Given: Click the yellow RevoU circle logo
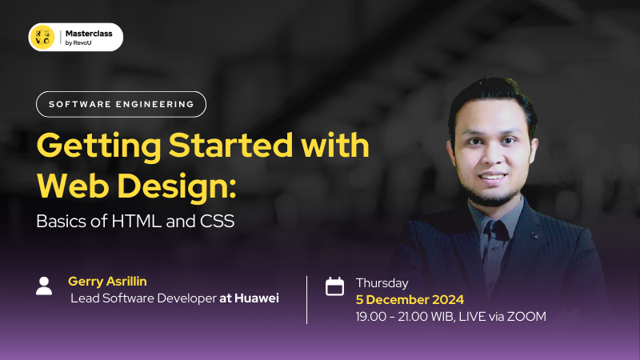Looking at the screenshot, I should tap(42, 37).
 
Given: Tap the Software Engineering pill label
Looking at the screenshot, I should tap(121, 104).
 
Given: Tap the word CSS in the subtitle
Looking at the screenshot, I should tap(217, 222).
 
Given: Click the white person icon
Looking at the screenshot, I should tap(45, 286).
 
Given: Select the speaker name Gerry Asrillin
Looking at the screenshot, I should tap(109, 282).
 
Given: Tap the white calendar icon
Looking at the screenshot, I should tap(334, 286).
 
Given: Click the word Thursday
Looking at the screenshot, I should tap(382, 282).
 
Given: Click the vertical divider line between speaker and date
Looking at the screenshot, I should tap(307, 299).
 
